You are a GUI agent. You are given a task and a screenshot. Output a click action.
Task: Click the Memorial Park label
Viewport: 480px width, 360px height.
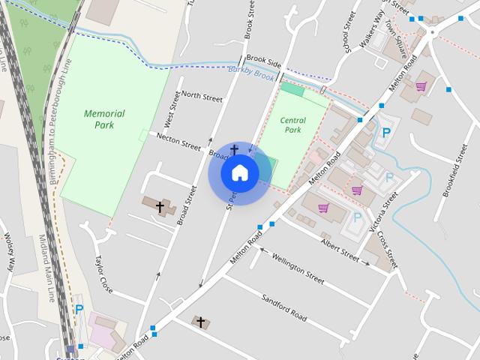point(104,119)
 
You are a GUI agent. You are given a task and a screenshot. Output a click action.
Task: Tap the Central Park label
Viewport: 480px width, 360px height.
point(293,124)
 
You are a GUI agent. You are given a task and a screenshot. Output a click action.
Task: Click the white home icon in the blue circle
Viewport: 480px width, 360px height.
point(240,172)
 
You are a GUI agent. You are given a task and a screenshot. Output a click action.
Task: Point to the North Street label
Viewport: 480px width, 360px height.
point(202,97)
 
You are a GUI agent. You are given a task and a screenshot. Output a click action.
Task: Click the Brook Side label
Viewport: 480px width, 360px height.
point(262,58)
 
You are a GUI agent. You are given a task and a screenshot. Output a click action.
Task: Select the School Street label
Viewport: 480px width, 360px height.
point(346,32)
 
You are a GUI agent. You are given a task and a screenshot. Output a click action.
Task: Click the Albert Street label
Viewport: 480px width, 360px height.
point(340,249)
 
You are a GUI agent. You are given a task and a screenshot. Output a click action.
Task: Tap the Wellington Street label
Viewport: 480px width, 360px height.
point(298,268)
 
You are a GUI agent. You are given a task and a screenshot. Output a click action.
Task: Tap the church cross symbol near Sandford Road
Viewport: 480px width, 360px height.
point(200,322)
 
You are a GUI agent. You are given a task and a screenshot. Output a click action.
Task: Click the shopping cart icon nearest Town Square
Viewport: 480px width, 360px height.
point(421,86)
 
